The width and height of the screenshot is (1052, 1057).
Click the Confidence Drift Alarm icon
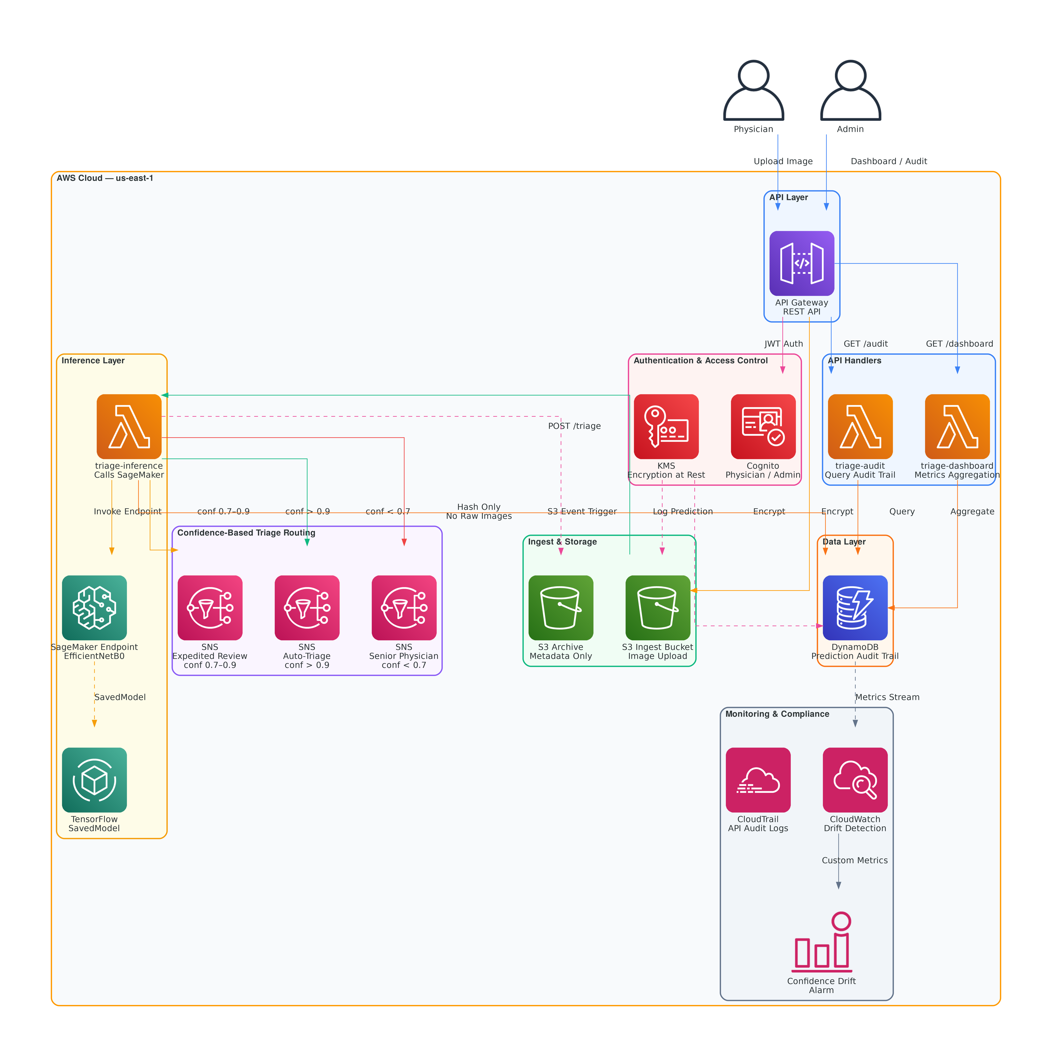(822, 941)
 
